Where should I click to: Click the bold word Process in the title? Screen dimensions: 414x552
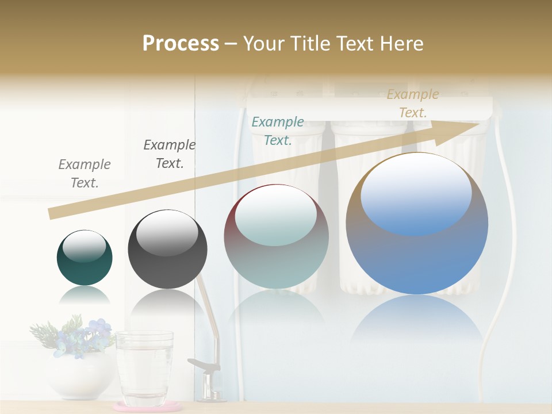(x=181, y=44)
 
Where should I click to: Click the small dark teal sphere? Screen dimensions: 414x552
(x=85, y=258)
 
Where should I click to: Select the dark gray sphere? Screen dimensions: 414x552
(x=167, y=249)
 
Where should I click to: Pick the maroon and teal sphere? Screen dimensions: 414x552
(x=276, y=236)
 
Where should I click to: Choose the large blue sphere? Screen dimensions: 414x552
(x=417, y=223)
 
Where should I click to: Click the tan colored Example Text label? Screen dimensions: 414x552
(x=413, y=103)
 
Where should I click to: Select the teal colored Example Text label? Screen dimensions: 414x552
(x=278, y=131)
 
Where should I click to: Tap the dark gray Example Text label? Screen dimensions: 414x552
(x=170, y=154)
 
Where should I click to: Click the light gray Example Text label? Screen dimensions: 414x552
(x=85, y=173)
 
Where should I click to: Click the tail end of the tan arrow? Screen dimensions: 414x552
(x=53, y=213)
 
